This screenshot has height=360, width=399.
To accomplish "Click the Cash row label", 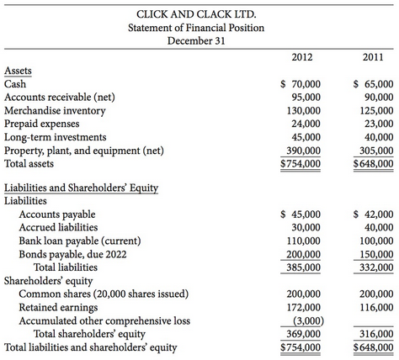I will pos(15,84).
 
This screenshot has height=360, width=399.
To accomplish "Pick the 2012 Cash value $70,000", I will pos(300,84).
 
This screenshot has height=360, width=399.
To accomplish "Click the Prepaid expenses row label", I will pos(40,124).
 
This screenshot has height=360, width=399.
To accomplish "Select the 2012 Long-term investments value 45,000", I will pos(303,137).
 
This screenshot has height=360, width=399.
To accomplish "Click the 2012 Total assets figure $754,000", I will pos(300,164).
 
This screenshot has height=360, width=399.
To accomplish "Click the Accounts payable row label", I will pos(55,214).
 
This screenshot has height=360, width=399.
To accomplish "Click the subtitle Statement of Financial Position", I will pos(195,27).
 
